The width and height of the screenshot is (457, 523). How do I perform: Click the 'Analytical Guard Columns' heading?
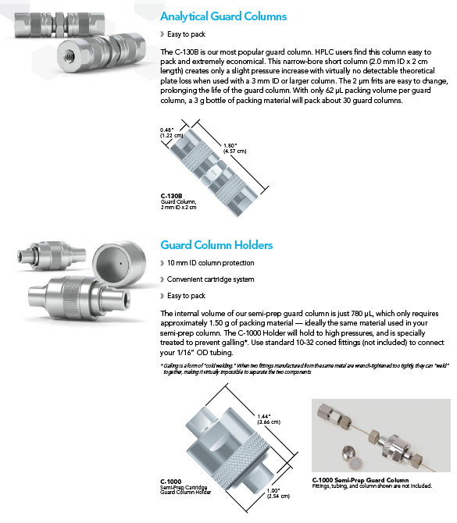(223, 16)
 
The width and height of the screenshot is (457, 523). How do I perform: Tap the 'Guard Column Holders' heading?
(216, 245)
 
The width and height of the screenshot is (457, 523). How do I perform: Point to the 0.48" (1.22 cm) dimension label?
(171, 133)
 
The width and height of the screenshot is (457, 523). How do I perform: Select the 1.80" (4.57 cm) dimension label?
(234, 148)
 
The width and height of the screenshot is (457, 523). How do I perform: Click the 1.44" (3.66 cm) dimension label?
(269, 419)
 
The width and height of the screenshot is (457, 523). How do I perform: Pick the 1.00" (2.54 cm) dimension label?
(278, 493)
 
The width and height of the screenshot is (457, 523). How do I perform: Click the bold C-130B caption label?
(171, 196)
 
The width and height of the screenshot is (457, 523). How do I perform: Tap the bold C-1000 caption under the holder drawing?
(171, 482)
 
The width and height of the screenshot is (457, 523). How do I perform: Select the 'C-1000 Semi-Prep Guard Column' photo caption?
(361, 480)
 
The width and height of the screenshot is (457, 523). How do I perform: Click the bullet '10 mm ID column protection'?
(210, 263)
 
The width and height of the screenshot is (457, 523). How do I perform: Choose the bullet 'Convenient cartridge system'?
(210, 279)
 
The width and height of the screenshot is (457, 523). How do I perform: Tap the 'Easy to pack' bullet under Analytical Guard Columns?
(186, 34)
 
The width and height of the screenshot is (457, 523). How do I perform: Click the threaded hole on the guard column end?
(70, 53)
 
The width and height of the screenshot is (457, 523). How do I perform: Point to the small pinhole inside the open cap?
(120, 264)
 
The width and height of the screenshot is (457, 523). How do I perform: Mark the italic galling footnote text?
(305, 369)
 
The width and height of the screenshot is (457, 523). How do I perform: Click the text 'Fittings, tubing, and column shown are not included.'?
(372, 486)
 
